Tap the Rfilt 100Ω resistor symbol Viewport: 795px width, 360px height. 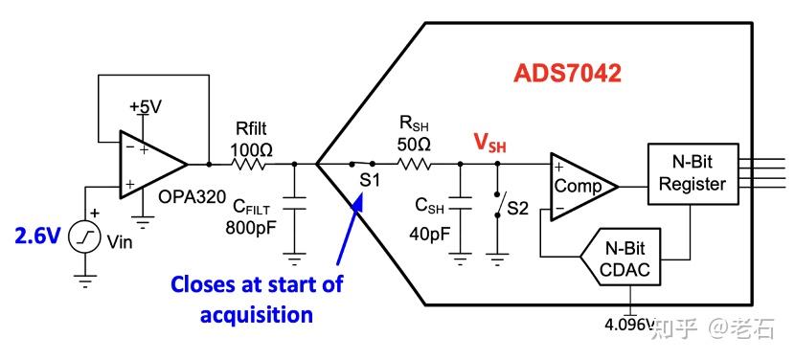tap(252, 165)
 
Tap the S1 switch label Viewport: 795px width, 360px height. tap(370, 180)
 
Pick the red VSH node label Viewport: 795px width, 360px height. tap(489, 143)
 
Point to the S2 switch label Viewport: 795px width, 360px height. tap(517, 207)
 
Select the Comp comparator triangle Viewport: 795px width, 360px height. tap(579, 186)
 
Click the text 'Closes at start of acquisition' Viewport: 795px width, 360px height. tap(257, 299)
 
